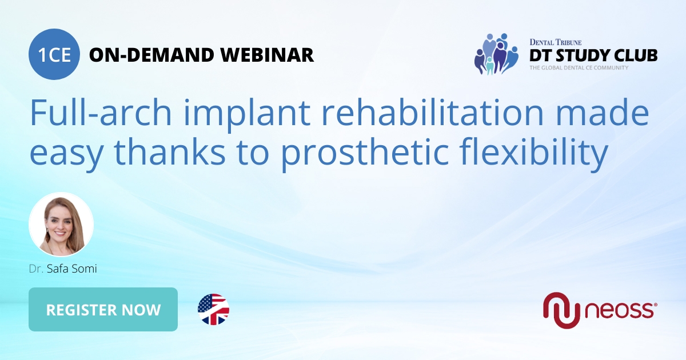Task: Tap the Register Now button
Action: pyautogui.click(x=103, y=310)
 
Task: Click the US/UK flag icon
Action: pyautogui.click(x=213, y=310)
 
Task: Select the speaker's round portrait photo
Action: pyautogui.click(x=61, y=225)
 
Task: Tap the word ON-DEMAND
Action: pyautogui.click(x=152, y=55)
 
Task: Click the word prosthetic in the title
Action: pyautogui.click(x=372, y=153)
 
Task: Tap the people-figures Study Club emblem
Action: pyautogui.click(x=496, y=54)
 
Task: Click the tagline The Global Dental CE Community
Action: pyautogui.click(x=578, y=68)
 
